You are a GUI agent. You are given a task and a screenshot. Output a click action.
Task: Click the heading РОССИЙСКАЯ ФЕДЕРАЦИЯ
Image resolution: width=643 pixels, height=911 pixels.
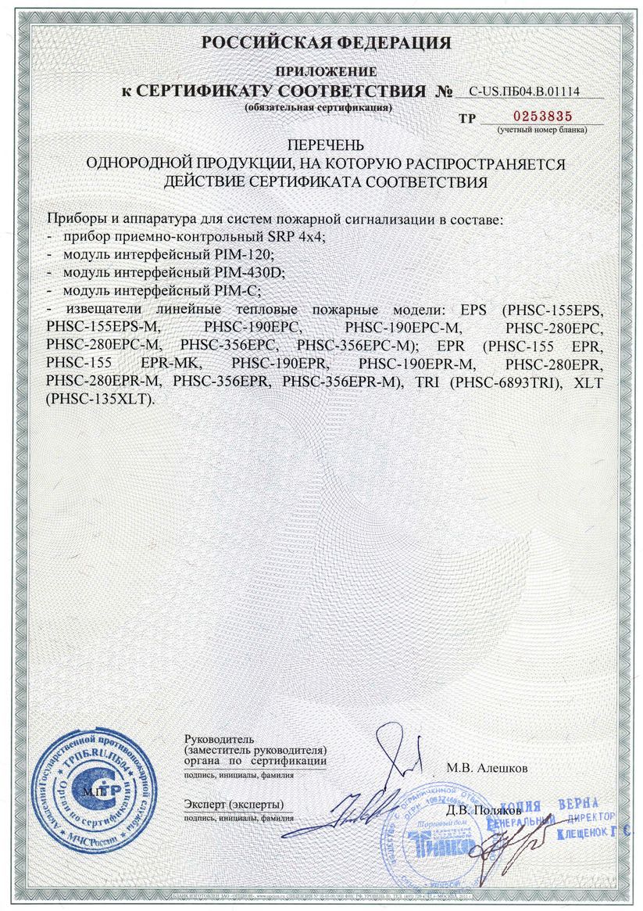tap(326, 42)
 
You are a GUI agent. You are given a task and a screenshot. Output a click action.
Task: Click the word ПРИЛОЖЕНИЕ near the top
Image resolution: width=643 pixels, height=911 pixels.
tap(326, 72)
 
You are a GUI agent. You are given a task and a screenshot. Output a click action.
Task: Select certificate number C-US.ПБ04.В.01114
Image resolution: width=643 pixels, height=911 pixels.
tap(529, 91)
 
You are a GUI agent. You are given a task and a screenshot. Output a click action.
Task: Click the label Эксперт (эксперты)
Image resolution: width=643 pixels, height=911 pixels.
tap(234, 804)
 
